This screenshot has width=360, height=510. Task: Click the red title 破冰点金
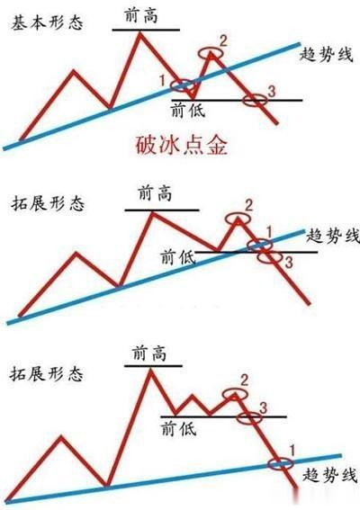point(181,146)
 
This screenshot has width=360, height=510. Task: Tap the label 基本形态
point(47,23)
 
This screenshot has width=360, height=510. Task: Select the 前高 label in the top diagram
point(141,15)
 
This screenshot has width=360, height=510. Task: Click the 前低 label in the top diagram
point(188,110)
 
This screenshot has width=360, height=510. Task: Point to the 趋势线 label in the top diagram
point(326,54)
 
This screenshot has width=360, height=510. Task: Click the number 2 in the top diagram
point(223,41)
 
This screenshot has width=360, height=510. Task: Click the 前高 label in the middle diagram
point(155,193)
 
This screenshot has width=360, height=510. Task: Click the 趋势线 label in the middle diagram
point(333,235)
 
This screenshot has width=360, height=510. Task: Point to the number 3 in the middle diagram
point(289,262)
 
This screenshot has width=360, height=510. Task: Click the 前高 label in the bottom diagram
point(149,353)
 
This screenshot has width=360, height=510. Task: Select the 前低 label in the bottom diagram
point(179,428)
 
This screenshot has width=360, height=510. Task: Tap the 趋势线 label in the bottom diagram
point(329,475)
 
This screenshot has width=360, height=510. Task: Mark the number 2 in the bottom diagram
point(244,380)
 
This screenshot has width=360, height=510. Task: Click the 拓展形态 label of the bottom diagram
point(46,373)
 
